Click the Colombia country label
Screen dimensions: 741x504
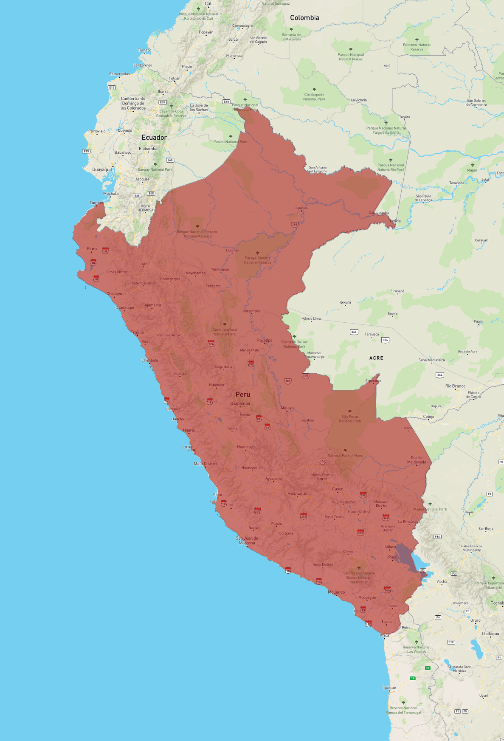(304, 18)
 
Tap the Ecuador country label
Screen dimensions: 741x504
(154, 138)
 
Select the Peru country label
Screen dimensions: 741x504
(243, 394)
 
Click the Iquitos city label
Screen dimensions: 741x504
(301, 208)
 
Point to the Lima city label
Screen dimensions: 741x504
(187, 447)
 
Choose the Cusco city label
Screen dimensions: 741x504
(338, 489)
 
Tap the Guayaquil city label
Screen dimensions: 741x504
(102, 169)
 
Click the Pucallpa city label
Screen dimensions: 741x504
(265, 340)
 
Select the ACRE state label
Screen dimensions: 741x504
(376, 358)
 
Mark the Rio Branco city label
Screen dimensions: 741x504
(455, 386)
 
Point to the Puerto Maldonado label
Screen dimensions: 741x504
(417, 460)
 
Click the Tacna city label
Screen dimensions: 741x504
(386, 622)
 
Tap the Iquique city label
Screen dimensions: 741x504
(389, 687)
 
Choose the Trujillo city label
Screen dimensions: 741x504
(137, 332)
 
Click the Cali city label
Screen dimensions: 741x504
(208, 3)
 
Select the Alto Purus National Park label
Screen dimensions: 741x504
(350, 419)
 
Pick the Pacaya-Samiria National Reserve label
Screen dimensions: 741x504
(257, 260)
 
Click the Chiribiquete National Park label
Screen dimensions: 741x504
(314, 97)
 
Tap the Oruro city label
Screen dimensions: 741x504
(476, 620)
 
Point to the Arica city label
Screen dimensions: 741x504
(384, 635)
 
